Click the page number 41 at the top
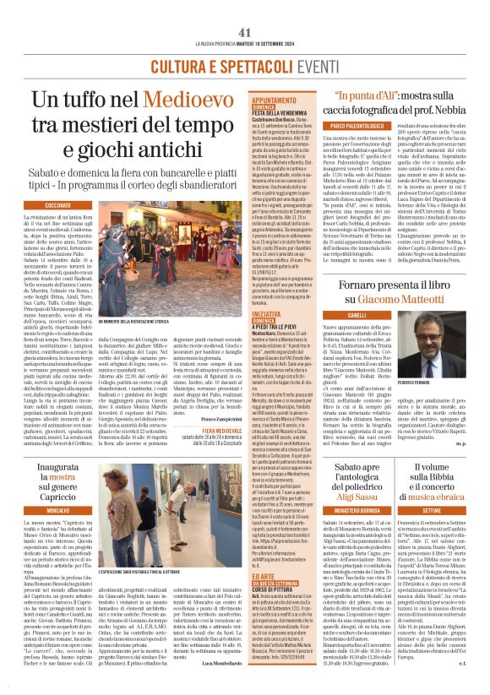[x=244, y=8]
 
